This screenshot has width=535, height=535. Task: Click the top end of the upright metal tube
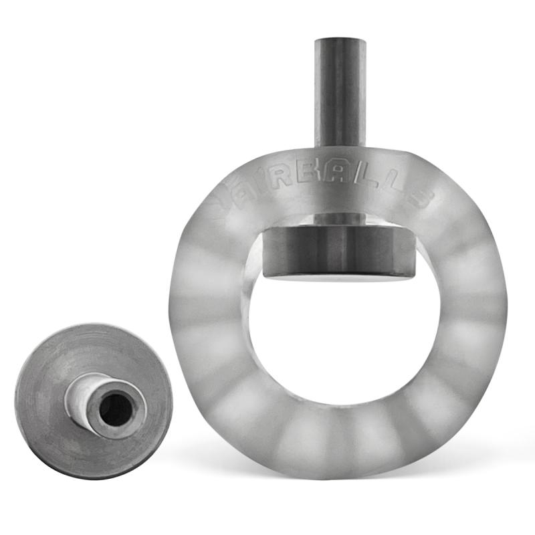pos(341,41)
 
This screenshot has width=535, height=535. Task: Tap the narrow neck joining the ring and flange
pos(340,219)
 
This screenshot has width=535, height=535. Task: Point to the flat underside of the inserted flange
pos(338,276)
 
